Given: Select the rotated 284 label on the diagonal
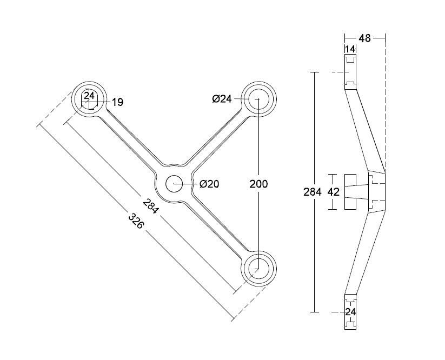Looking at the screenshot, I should pyautogui.click(x=151, y=207).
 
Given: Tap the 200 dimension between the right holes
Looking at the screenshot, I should pyautogui.click(x=259, y=184).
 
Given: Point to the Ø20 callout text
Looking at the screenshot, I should pyautogui.click(x=209, y=184).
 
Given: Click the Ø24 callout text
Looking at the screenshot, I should pyautogui.click(x=222, y=99).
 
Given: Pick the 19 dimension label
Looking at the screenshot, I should pyautogui.click(x=117, y=101).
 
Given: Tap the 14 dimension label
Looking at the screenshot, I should pyautogui.click(x=350, y=49).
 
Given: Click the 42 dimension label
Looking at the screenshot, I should pyautogui.click(x=334, y=192).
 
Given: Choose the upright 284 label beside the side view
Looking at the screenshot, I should pyautogui.click(x=313, y=192).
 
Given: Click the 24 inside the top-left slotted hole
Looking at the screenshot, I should pyautogui.click(x=89, y=96).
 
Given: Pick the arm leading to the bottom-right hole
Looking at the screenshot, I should pyautogui.click(x=216, y=228).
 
